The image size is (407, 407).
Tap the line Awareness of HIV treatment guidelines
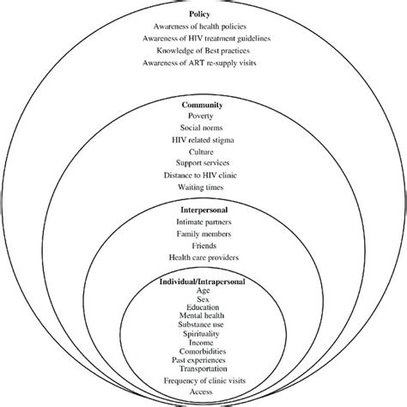click(203, 40)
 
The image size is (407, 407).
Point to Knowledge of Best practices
click(203, 52)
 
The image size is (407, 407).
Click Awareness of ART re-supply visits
click(203, 64)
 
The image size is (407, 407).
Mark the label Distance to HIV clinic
click(203, 174)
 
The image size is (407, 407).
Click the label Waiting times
click(203, 186)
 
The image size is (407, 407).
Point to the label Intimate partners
click(203, 222)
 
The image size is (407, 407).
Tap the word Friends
click(203, 245)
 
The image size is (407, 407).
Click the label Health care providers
click(203, 257)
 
